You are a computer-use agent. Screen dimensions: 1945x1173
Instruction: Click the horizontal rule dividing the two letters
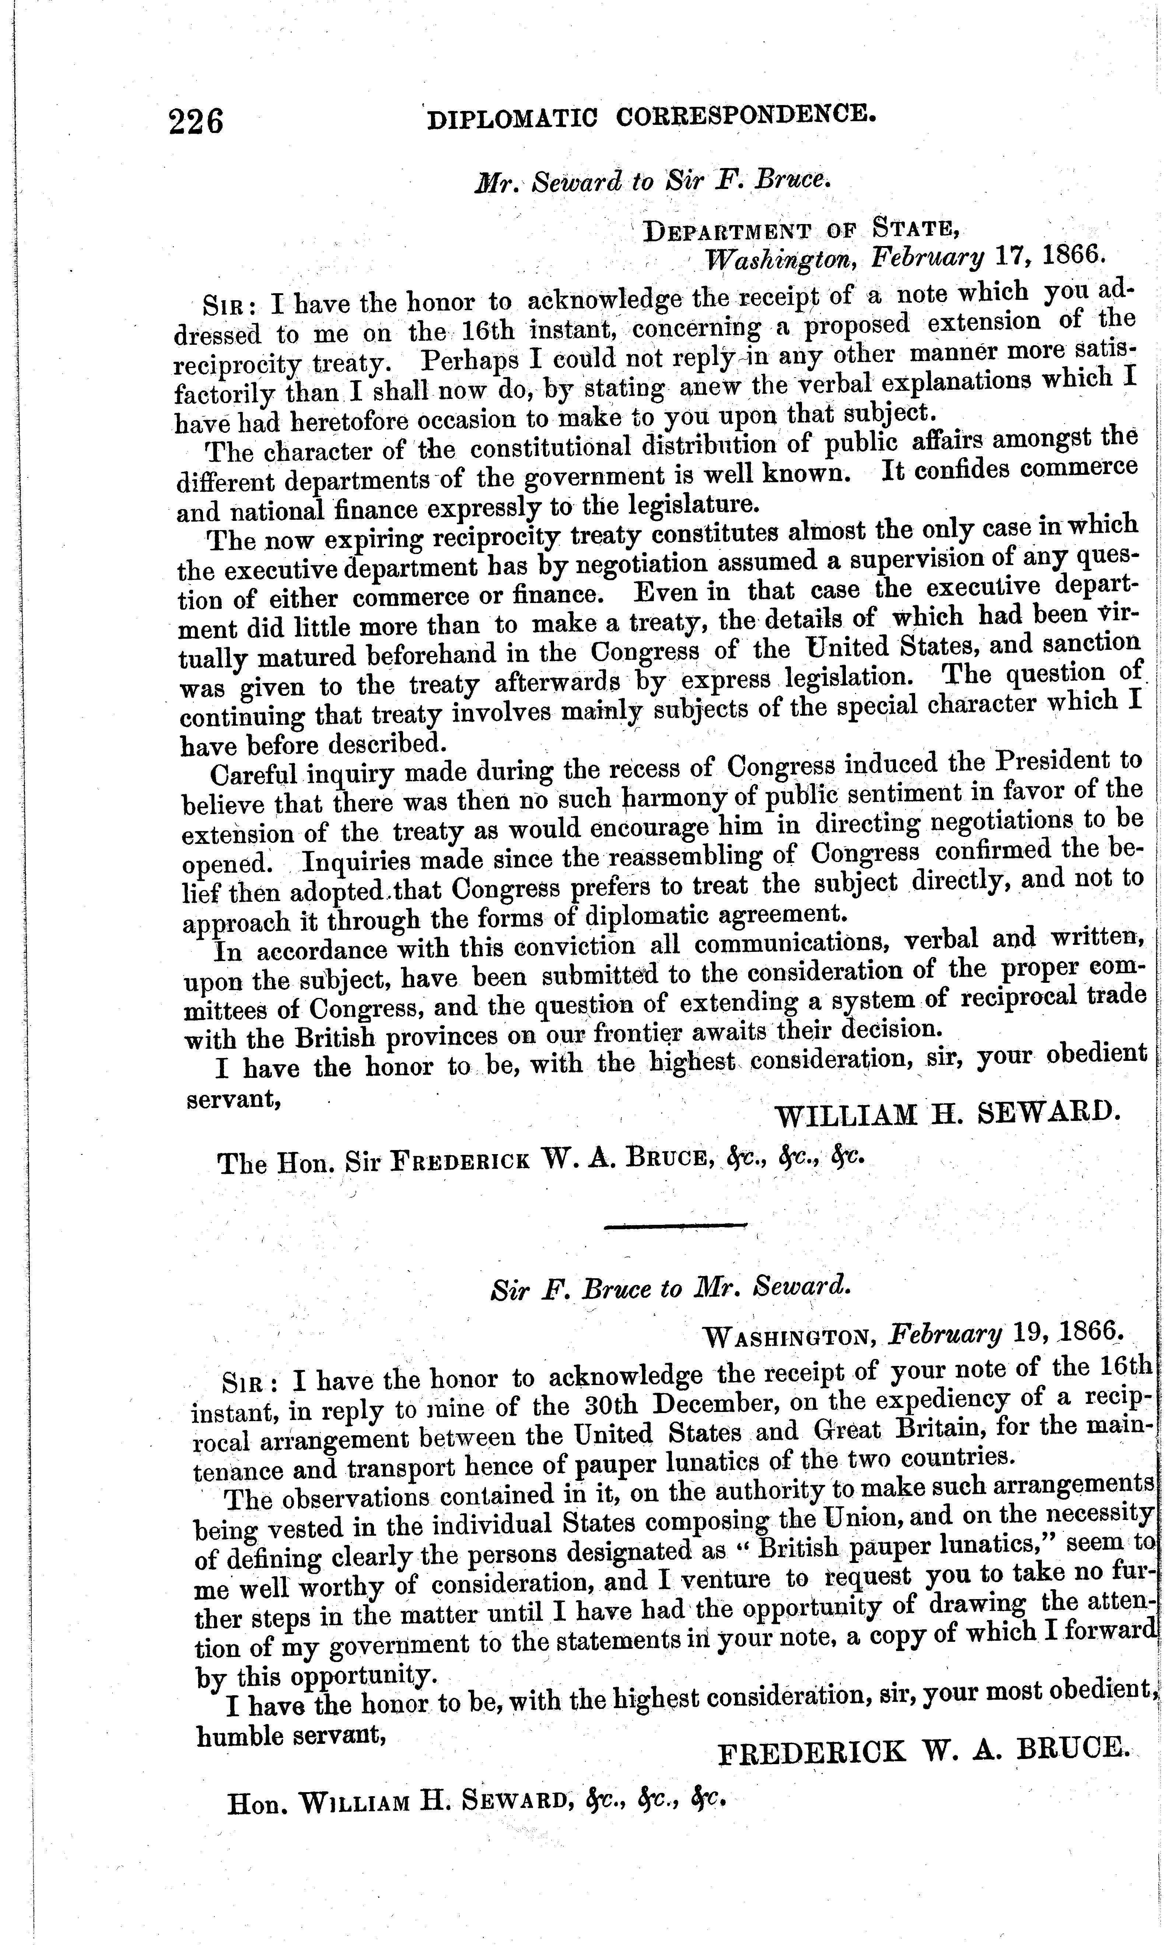[x=675, y=1224]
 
